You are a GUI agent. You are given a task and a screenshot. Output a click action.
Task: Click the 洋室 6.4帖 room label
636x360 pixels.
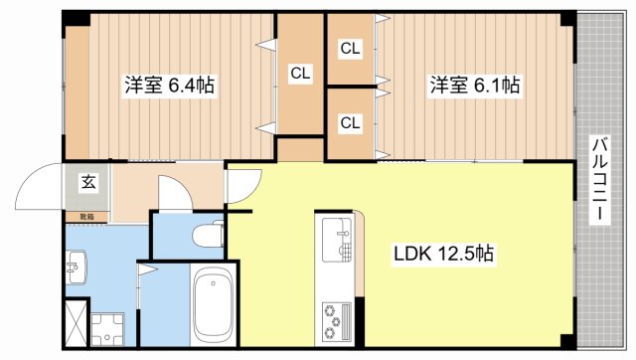click(x=169, y=86)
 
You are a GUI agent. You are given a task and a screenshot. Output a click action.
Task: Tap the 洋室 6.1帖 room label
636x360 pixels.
click(x=474, y=86)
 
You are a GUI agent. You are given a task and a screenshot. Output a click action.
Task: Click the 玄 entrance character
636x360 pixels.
click(x=88, y=182)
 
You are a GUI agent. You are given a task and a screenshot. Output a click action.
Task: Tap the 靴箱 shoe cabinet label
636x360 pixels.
click(x=86, y=216)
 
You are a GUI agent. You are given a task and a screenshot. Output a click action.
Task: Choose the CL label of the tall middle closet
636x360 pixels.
click(x=299, y=72)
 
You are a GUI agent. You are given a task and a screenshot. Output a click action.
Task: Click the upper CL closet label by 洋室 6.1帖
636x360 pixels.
click(x=350, y=47)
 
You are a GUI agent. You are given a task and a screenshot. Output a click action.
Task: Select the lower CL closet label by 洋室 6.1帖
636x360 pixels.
click(x=350, y=122)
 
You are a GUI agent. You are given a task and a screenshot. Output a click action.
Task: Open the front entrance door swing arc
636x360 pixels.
click(x=40, y=186)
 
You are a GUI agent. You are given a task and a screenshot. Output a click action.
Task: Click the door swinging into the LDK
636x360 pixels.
click(x=242, y=188)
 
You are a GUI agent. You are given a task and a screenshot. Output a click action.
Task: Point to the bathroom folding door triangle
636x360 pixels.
click(x=146, y=269)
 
